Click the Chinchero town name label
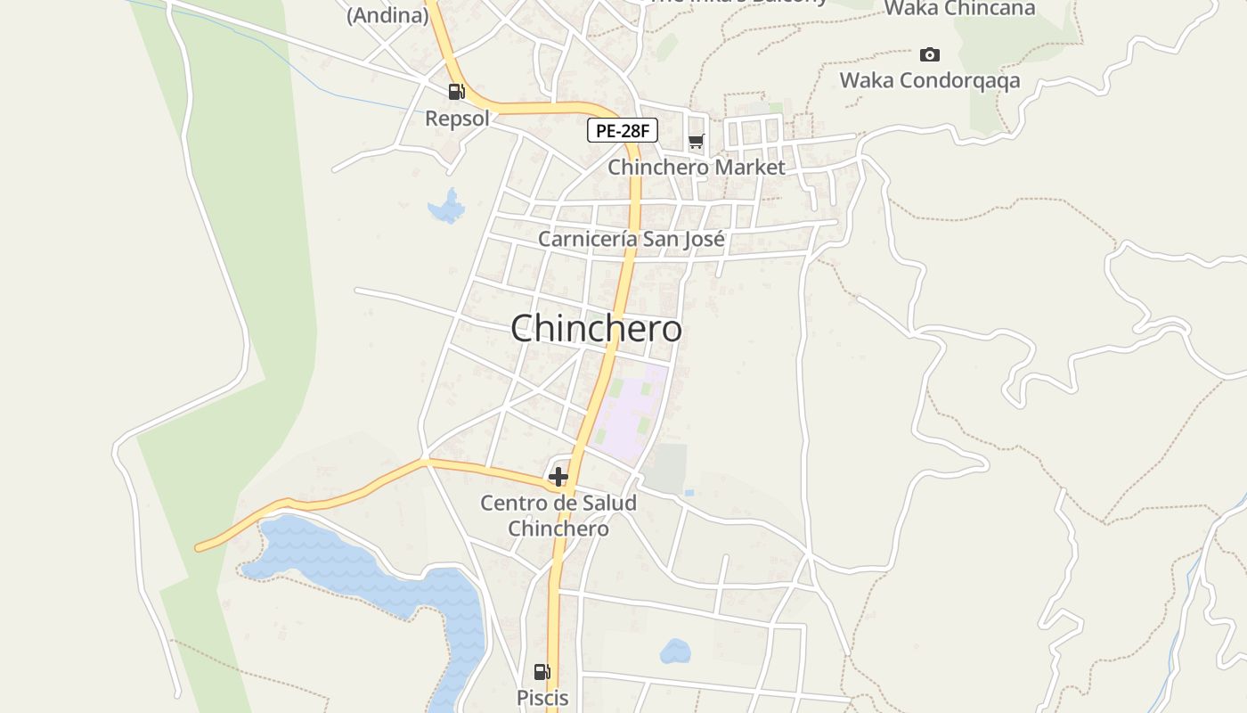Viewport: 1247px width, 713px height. pyautogui.click(x=596, y=329)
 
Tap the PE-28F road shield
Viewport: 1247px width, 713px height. pyautogui.click(x=623, y=131)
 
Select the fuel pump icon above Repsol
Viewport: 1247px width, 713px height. pyautogui.click(x=456, y=92)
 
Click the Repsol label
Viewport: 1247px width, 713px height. pyautogui.click(x=457, y=119)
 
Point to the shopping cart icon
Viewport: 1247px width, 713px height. pyautogui.click(x=696, y=142)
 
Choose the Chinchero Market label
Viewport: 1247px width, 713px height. pyautogui.click(x=697, y=168)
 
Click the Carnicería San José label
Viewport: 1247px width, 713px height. pyautogui.click(x=631, y=239)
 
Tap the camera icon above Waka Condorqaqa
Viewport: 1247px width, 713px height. pyautogui.click(x=929, y=55)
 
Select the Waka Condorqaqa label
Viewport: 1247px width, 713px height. pyautogui.click(x=929, y=81)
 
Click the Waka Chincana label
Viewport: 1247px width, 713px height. pyautogui.click(x=959, y=9)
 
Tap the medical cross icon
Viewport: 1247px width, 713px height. pyautogui.click(x=558, y=478)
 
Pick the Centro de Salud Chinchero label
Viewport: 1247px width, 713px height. pyautogui.click(x=558, y=515)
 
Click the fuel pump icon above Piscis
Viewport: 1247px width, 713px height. pyautogui.click(x=542, y=672)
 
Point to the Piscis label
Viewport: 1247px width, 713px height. pyautogui.click(x=542, y=698)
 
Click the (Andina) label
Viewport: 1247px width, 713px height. pyautogui.click(x=387, y=14)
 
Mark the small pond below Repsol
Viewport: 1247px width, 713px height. pyautogui.click(x=447, y=208)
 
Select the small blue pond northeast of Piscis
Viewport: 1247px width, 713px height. pyautogui.click(x=675, y=652)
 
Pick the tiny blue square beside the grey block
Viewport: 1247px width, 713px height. pyautogui.click(x=689, y=492)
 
